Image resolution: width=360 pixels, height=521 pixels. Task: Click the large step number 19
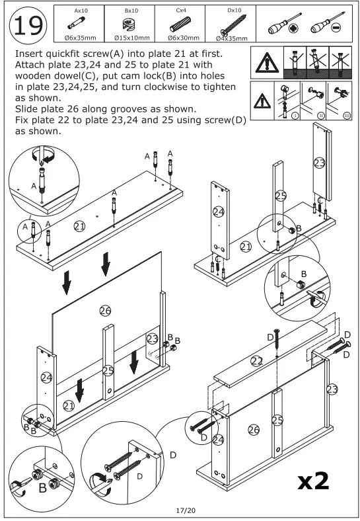pyautogui.click(x=28, y=26)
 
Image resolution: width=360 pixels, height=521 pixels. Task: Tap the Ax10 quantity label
pyautogui.click(x=81, y=11)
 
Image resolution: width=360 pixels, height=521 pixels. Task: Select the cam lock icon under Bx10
pyautogui.click(x=129, y=24)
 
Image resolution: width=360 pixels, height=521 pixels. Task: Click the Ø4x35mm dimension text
pyautogui.click(x=231, y=38)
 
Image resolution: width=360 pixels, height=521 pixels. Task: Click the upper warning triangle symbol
pyautogui.click(x=267, y=62)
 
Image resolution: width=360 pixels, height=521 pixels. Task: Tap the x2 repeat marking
pyautogui.click(x=313, y=481)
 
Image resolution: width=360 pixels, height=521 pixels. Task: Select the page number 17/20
pyautogui.click(x=186, y=510)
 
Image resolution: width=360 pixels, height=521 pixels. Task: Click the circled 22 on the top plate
pyautogui.click(x=256, y=361)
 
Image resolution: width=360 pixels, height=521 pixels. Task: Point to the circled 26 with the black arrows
pyautogui.click(x=105, y=311)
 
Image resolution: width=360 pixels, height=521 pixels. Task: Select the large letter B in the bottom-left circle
pyautogui.click(x=42, y=488)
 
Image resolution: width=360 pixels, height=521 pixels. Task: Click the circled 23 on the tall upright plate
pyautogui.click(x=319, y=163)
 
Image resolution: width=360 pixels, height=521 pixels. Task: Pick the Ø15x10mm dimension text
pyautogui.click(x=132, y=38)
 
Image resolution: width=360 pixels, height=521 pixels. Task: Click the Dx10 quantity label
pyautogui.click(x=234, y=11)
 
